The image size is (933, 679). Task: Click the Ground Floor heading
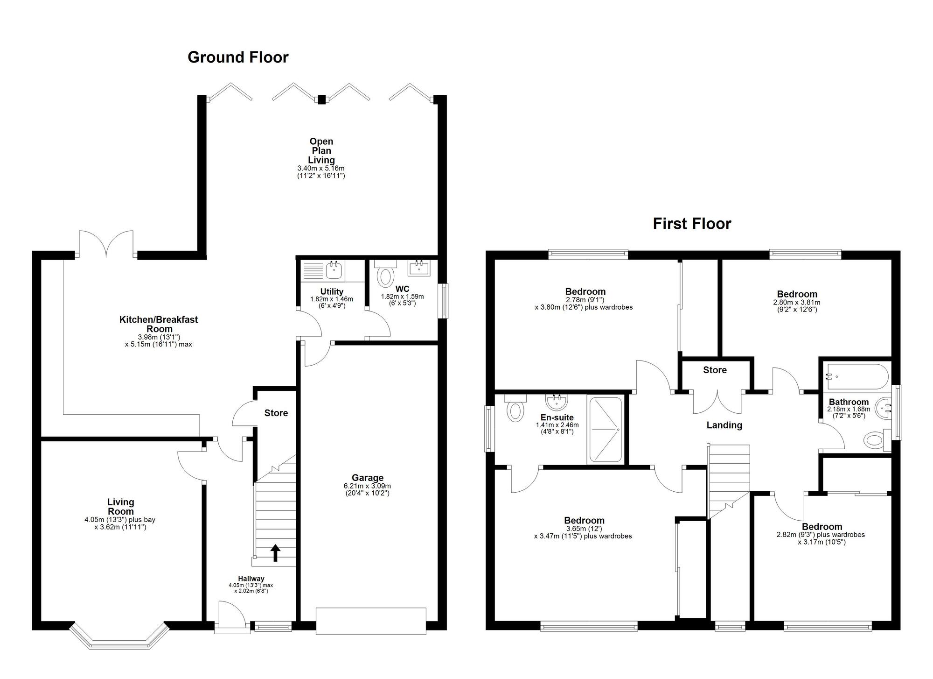[x=238, y=57]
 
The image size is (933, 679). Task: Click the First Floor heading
[x=691, y=224]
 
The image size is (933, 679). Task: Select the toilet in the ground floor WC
[x=385, y=276]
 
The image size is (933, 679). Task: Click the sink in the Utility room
[x=334, y=269]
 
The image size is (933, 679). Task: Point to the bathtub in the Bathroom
[x=856, y=376]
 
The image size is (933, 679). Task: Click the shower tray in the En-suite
[x=605, y=430]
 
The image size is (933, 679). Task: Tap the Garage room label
[x=368, y=478]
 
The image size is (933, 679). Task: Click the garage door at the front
[x=371, y=621]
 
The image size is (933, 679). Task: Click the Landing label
[x=724, y=425]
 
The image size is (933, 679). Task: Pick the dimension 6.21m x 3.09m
[x=368, y=486]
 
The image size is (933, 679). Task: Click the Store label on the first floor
[x=715, y=370]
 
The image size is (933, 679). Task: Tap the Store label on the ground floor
[x=276, y=413]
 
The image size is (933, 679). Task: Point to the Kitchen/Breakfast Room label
[x=159, y=324]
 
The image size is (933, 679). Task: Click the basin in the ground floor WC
[x=419, y=268]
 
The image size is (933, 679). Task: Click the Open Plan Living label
[x=321, y=150]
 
